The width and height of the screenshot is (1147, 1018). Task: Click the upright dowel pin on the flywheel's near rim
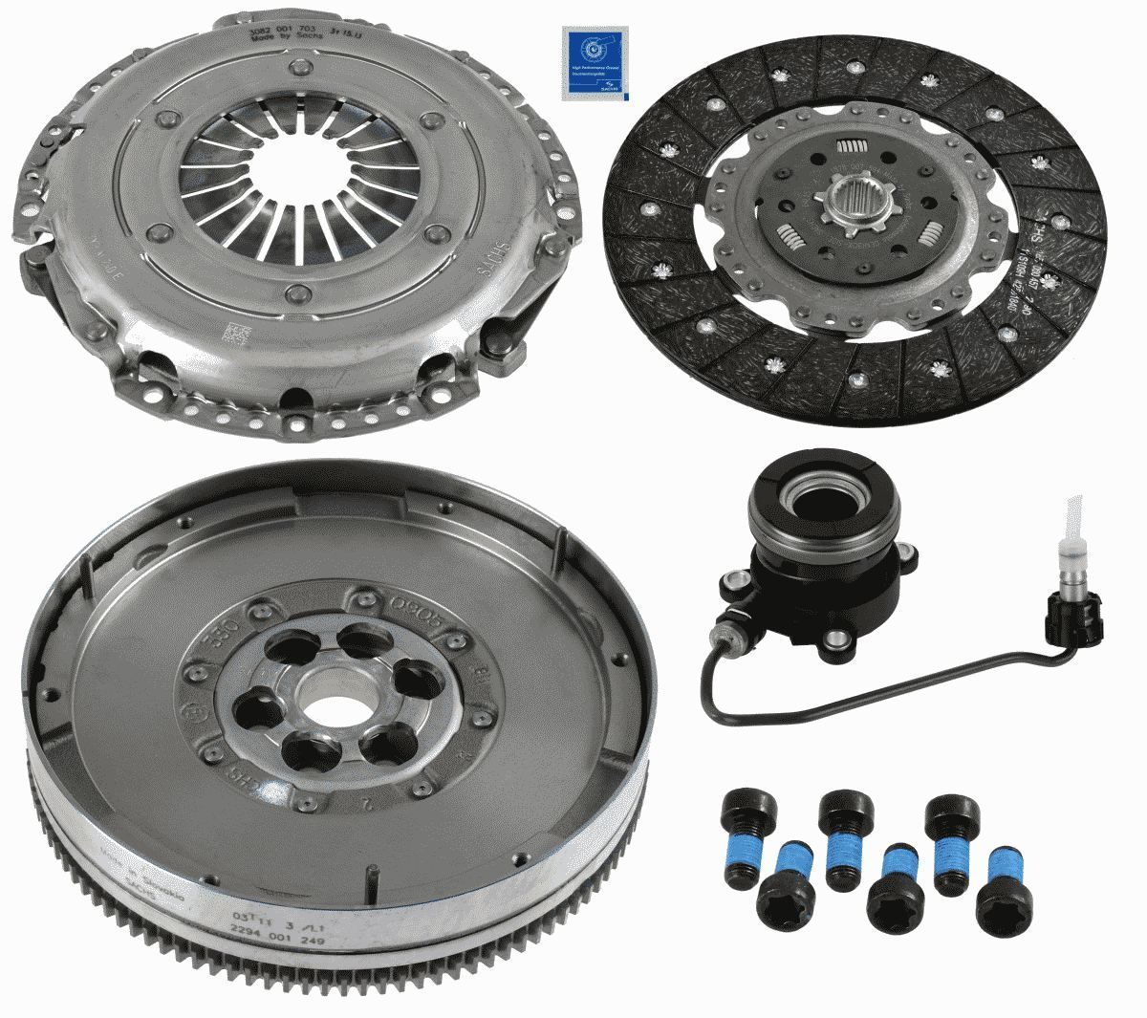(367, 880)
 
